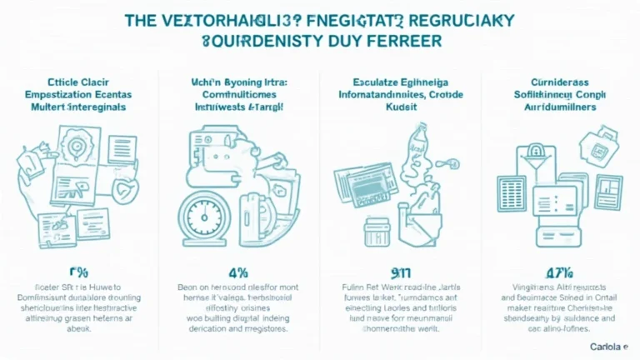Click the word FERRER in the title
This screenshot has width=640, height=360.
pyautogui.click(x=403, y=39)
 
